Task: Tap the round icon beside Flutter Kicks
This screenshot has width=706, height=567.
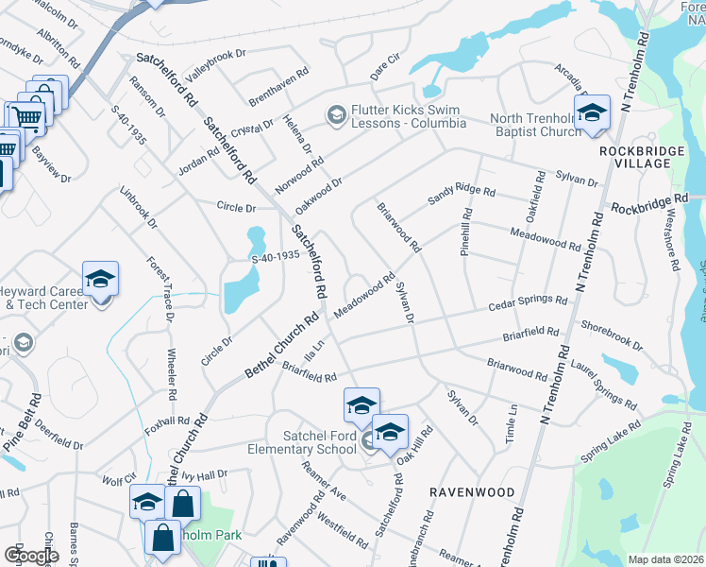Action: (x=335, y=115)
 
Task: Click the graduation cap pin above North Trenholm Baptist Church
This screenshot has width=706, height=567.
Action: (x=592, y=112)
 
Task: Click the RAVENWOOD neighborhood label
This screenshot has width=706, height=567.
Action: (x=472, y=492)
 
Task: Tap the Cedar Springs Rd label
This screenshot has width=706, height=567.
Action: (x=527, y=304)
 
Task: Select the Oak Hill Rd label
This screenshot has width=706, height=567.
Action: (x=414, y=446)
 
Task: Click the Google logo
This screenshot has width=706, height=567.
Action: (x=31, y=556)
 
